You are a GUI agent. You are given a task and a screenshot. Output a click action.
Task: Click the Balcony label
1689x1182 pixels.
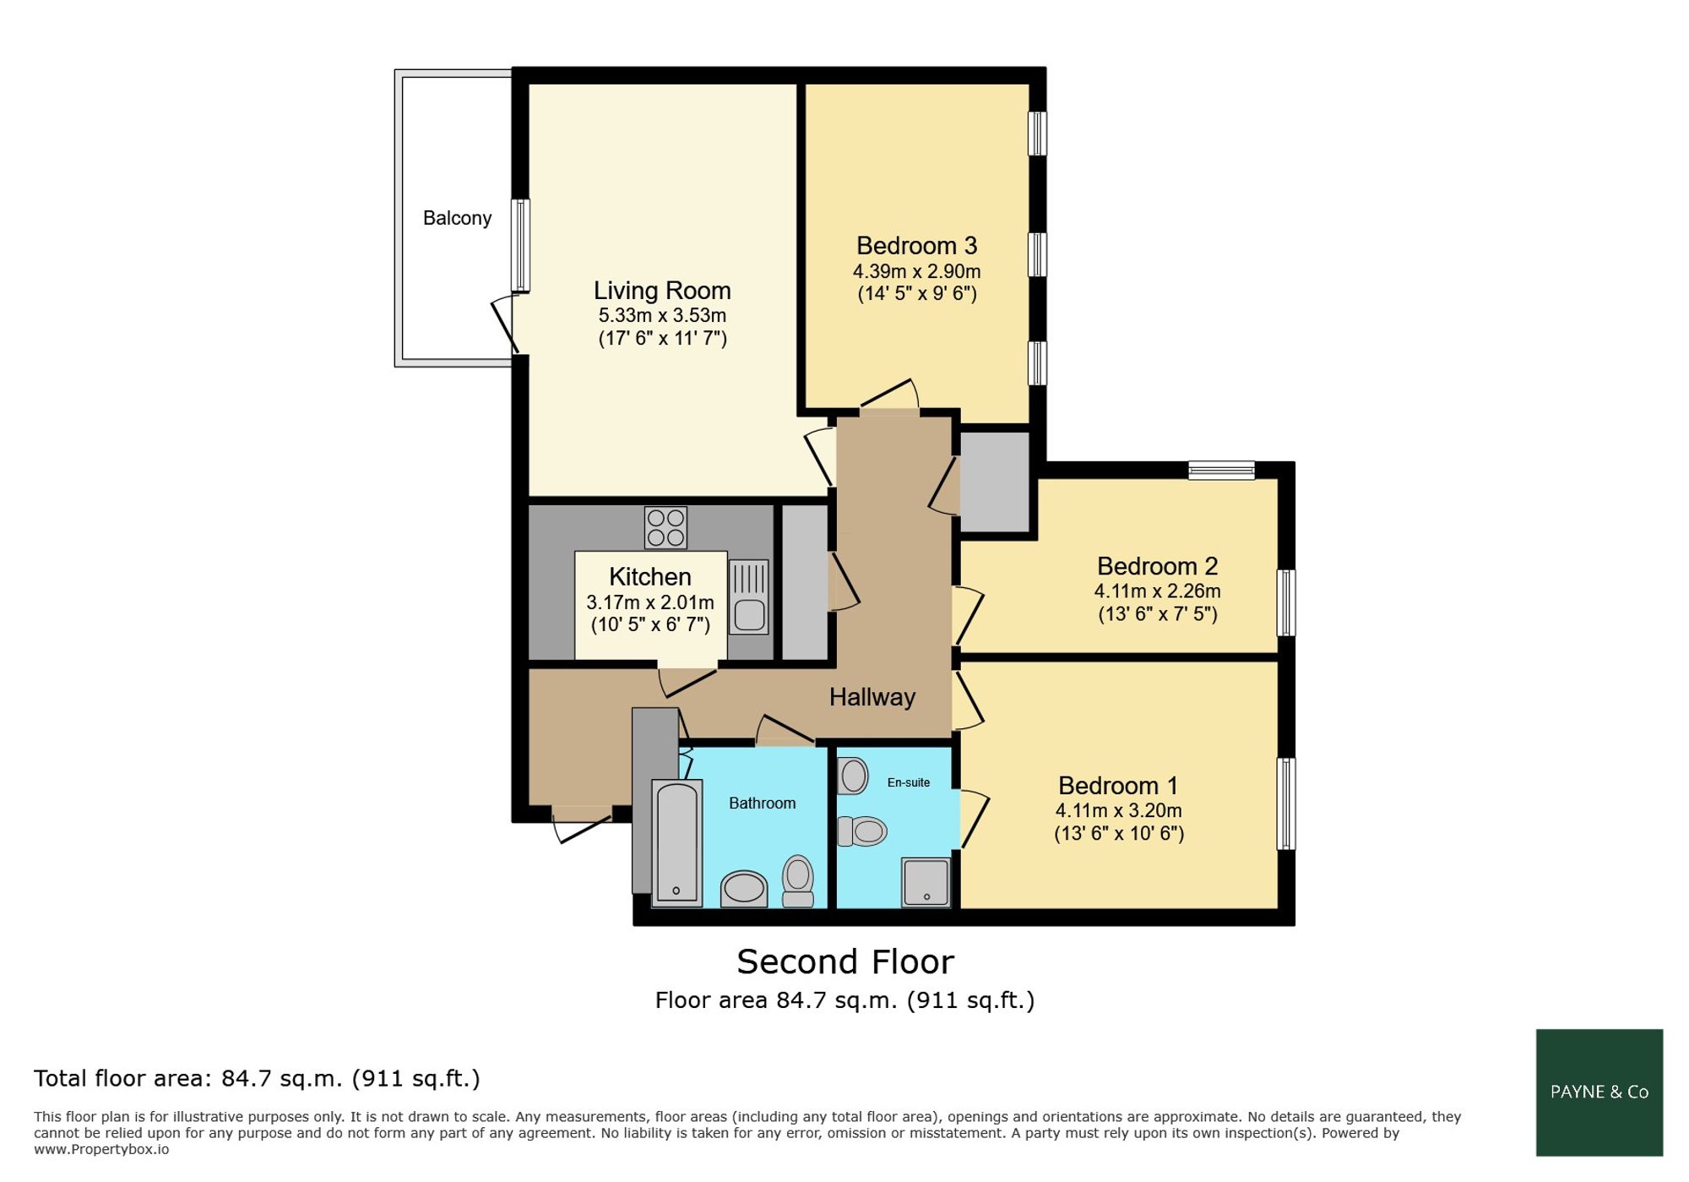457,218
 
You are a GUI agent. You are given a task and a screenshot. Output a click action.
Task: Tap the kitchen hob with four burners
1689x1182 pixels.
665,527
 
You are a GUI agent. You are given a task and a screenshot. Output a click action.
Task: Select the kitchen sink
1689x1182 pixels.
749,597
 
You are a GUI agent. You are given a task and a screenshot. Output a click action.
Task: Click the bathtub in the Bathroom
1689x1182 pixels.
677,843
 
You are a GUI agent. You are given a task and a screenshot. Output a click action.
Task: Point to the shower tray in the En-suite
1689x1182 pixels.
926,882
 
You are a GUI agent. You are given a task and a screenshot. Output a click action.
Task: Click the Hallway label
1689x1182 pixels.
872,697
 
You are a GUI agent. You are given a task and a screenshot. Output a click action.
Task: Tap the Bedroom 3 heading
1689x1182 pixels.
917,246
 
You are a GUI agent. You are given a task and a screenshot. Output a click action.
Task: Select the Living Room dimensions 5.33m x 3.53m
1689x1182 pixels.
662,316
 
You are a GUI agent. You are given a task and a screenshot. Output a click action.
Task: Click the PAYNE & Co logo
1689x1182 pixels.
1599,1092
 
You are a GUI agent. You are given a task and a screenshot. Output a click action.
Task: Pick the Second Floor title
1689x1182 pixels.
845,962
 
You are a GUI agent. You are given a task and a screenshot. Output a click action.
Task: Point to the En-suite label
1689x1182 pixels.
909,782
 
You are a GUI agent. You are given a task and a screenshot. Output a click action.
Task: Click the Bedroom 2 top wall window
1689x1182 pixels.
1221,471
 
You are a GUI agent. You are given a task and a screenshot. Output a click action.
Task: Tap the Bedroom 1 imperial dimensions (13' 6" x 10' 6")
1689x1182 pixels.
1119,834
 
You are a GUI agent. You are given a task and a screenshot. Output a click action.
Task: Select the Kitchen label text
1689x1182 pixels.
650,577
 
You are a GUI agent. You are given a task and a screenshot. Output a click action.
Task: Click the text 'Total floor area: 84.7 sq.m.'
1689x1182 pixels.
188,1079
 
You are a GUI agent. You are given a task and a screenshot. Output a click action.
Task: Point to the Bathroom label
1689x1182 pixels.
763,803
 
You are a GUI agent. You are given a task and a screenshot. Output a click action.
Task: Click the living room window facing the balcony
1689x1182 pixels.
520,246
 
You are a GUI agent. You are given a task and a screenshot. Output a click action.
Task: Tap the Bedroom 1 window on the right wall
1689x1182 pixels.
1285,803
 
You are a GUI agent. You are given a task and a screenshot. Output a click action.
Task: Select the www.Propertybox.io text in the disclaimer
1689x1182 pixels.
101,1150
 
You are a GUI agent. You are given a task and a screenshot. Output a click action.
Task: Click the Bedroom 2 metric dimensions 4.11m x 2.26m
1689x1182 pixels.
1158,591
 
